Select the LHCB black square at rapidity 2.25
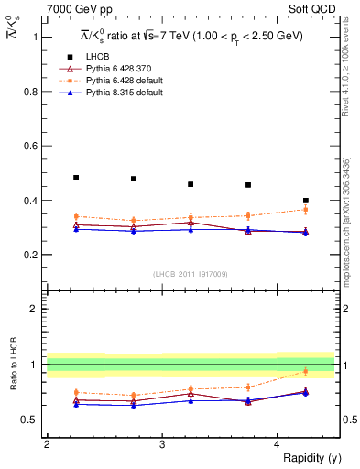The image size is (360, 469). [x=76, y=178]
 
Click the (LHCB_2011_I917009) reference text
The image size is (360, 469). [x=191, y=274]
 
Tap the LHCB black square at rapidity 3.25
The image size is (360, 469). [x=191, y=184]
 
